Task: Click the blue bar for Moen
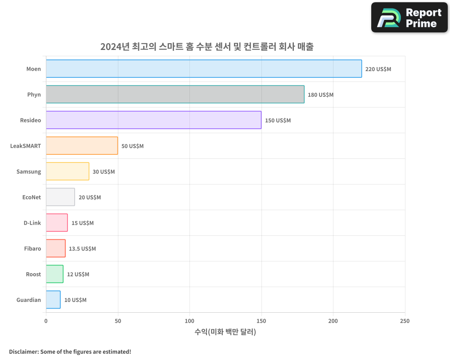[203, 69]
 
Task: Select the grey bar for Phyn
[175, 94]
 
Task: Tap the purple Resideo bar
[153, 120]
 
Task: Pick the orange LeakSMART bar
[81, 146]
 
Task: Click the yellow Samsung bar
[67, 171]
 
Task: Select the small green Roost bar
[54, 274]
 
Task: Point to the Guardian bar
[53, 300]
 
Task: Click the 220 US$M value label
[378, 69]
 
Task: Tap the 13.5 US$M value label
[82, 249]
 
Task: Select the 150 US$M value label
[278, 121]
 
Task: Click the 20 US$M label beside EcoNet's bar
[90, 198]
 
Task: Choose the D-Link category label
[32, 223]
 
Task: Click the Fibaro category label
[32, 248]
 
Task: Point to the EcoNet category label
[31, 197]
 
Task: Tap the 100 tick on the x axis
[189, 321]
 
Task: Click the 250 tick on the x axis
[405, 321]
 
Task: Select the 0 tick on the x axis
[46, 321]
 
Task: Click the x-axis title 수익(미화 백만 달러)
[225, 332]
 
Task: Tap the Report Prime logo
[409, 18]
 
